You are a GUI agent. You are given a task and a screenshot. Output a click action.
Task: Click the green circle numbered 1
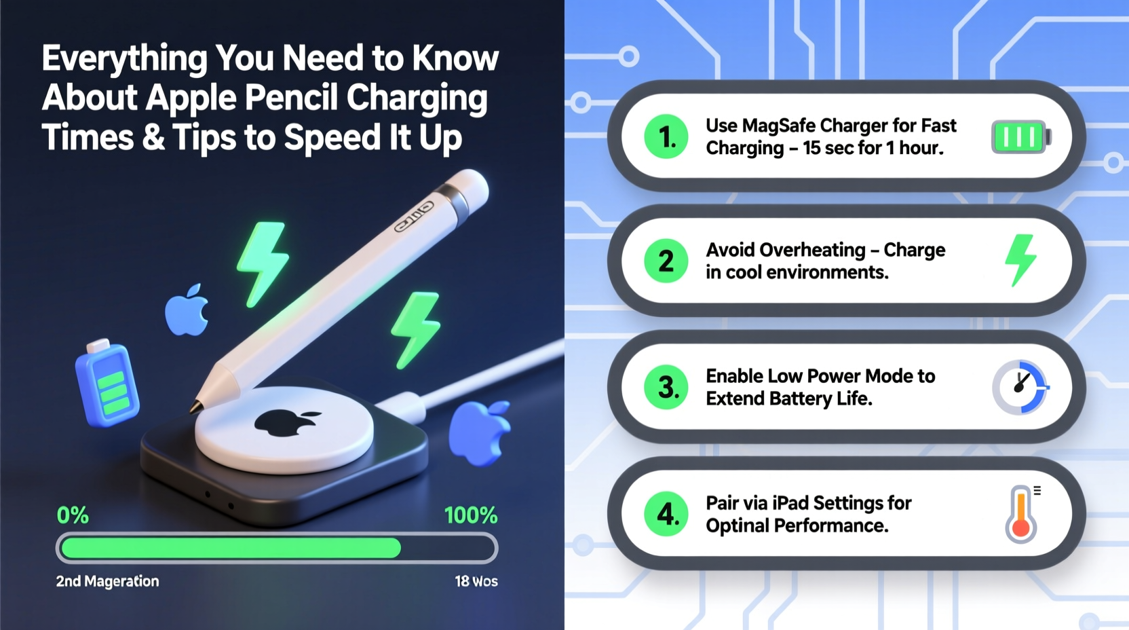point(666,136)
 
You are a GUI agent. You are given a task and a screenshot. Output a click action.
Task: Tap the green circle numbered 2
point(666,261)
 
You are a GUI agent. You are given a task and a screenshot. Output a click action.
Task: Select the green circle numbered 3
point(666,388)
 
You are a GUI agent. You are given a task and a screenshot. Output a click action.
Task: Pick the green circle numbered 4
point(666,514)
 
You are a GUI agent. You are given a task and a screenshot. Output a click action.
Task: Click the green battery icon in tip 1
point(1020,136)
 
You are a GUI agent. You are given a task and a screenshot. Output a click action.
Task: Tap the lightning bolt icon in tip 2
point(1020,260)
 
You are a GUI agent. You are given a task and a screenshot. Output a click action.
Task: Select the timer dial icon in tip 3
point(1020,387)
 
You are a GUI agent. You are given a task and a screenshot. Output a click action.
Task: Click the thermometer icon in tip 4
point(1021,515)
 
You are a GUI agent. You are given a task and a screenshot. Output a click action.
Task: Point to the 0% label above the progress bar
point(73,515)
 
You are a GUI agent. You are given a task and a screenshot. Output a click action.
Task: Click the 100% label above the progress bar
point(471,515)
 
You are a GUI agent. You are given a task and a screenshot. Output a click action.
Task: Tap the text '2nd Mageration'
point(107,581)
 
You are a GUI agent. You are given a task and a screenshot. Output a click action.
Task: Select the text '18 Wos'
point(476,581)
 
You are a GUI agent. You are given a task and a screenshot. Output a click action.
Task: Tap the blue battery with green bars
point(107,384)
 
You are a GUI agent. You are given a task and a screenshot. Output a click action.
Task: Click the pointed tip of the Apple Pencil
point(196,408)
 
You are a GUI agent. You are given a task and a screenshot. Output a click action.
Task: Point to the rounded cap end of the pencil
point(472,186)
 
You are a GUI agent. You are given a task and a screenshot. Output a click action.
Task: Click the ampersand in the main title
point(153,138)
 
